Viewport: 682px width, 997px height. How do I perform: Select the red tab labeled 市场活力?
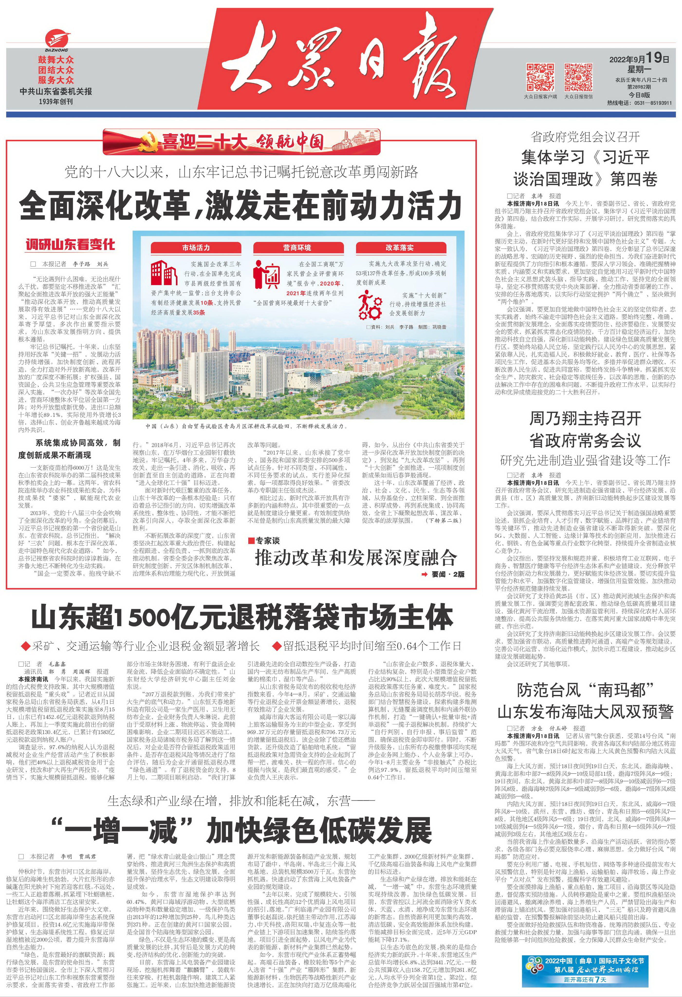(196, 248)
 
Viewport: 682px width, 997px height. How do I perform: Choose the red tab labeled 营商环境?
(297, 248)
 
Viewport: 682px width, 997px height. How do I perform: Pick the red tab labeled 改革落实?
(399, 248)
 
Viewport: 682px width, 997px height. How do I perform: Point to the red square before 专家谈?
(252, 541)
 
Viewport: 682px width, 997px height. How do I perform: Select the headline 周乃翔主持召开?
(585, 418)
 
